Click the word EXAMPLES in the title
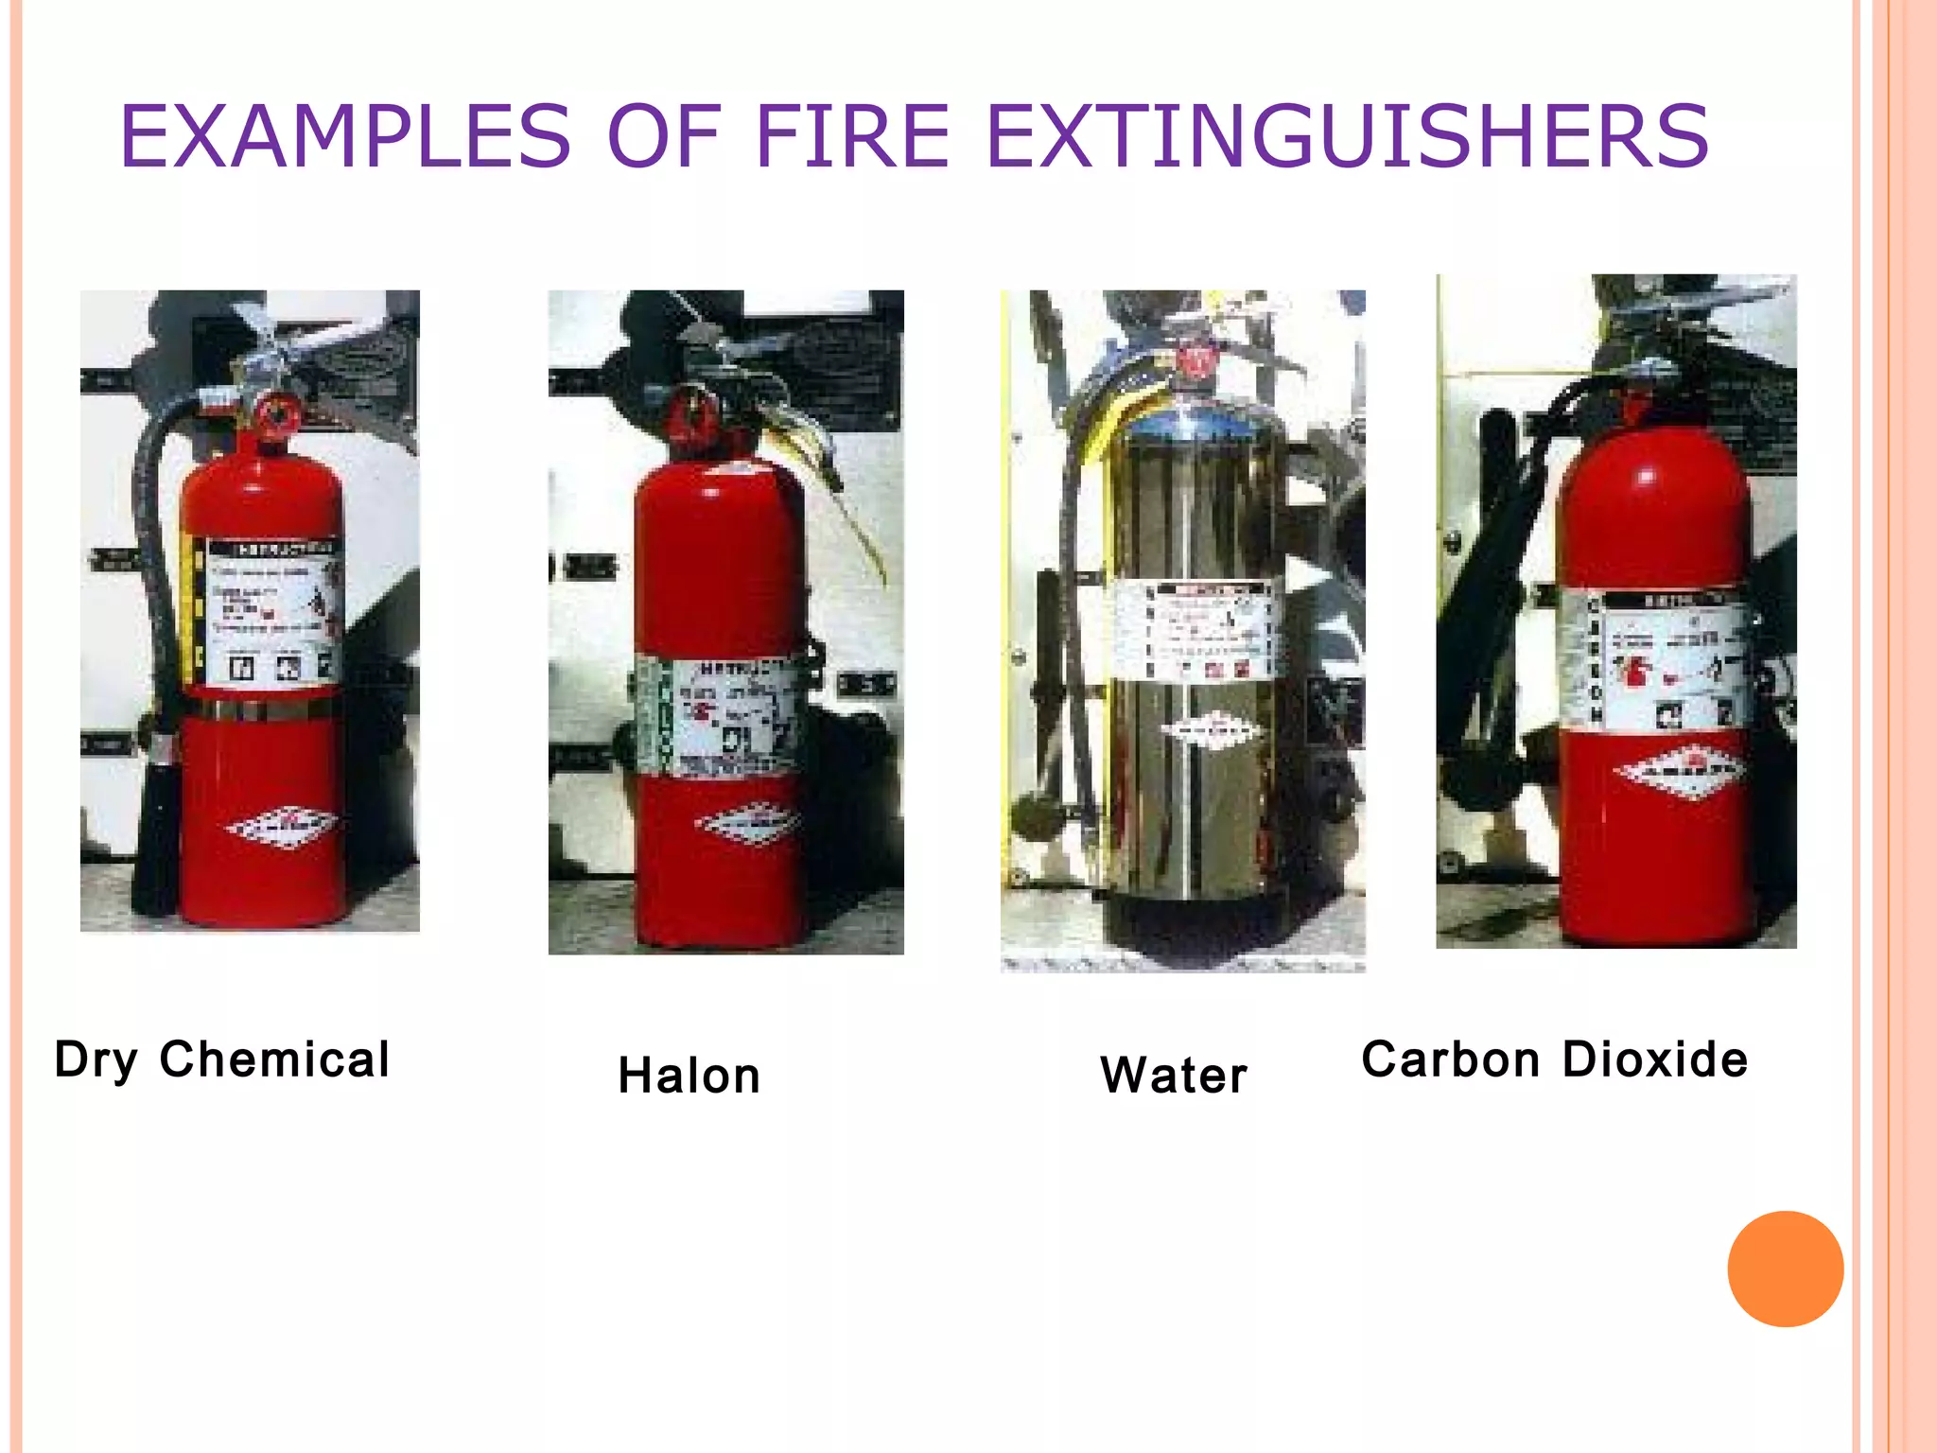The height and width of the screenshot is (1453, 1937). (x=345, y=138)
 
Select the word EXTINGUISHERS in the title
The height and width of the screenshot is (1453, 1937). (x=1347, y=138)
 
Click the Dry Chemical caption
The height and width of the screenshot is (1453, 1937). (x=222, y=1059)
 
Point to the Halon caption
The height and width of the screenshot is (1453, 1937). (x=689, y=1076)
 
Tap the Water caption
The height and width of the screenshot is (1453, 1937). (x=1174, y=1076)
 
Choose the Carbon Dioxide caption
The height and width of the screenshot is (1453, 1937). (x=1555, y=1059)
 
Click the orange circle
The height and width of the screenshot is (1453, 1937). (x=1785, y=1269)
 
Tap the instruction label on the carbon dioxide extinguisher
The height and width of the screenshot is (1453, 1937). (x=1665, y=662)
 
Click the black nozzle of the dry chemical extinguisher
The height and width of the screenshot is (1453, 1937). (x=157, y=832)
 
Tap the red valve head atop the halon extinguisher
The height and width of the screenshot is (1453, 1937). (x=694, y=416)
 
